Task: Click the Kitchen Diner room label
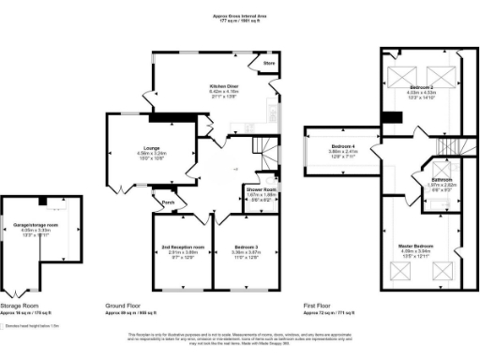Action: (224, 85)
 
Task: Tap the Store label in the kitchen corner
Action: (268, 64)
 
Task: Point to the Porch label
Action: (168, 202)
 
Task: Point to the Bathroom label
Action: (442, 179)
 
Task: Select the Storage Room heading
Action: (22, 306)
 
